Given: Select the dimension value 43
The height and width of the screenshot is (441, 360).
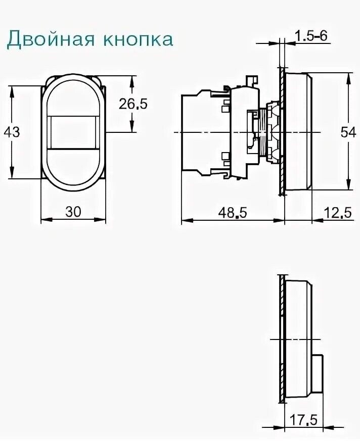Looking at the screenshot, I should click(12, 132).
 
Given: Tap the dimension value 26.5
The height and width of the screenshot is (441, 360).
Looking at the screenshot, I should click(133, 104).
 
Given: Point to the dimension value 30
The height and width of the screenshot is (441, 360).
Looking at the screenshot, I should click(73, 212).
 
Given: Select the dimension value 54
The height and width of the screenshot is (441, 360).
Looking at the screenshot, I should click(348, 132).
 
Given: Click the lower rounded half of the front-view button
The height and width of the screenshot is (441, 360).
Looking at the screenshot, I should click(73, 169).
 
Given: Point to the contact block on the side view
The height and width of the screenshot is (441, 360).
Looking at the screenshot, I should click(205, 132).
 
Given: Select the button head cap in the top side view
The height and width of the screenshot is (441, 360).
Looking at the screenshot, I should click(298, 132).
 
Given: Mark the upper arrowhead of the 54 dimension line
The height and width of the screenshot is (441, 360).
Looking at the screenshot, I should click(348, 77).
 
